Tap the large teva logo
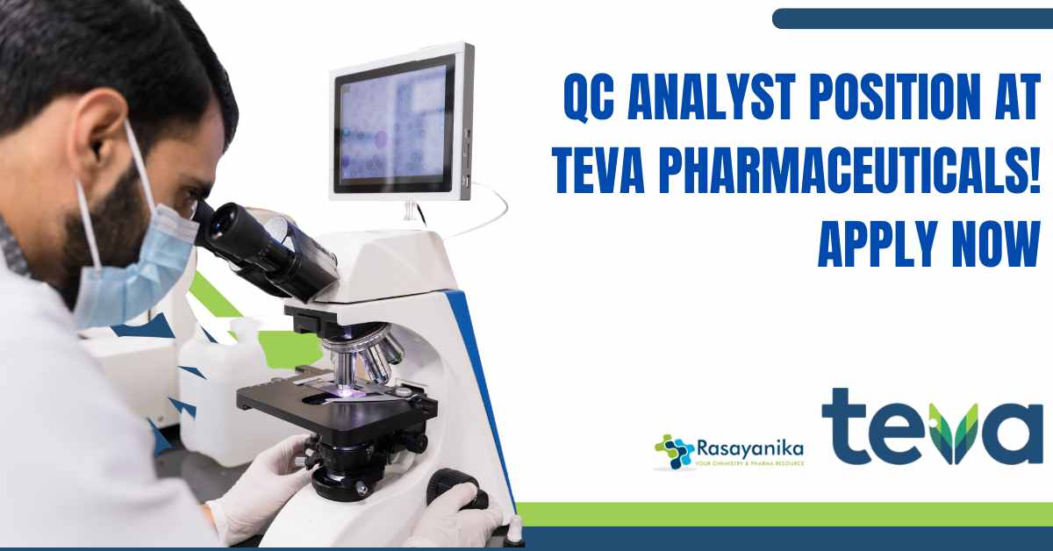(x=932, y=426)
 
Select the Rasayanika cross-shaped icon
(x=674, y=451)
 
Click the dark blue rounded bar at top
(x=913, y=18)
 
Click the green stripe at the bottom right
(x=785, y=514)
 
